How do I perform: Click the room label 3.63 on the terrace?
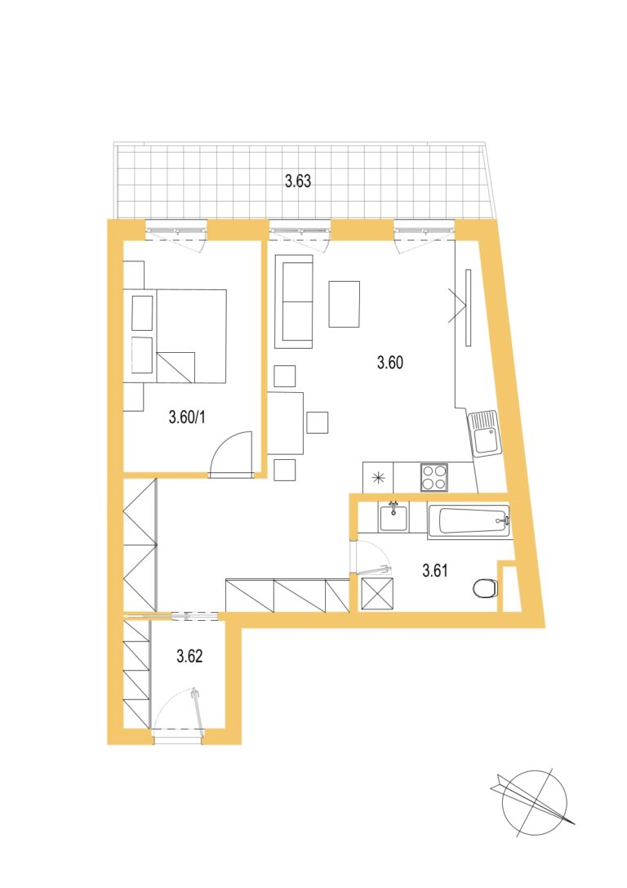click(x=298, y=181)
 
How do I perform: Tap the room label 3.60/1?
click(x=187, y=418)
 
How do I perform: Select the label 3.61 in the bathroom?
click(x=434, y=570)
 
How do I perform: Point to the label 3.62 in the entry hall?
click(x=189, y=656)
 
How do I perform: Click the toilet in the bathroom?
click(x=484, y=588)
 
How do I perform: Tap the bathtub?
click(x=469, y=520)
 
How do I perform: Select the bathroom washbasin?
click(x=394, y=518)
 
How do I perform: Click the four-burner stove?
click(x=434, y=477)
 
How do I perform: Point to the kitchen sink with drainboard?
click(x=484, y=434)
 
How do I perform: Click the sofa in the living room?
click(x=294, y=301)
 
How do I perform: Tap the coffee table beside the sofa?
click(x=344, y=304)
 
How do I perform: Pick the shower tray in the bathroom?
click(x=377, y=594)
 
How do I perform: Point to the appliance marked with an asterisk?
click(x=378, y=477)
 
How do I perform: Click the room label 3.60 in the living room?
click(x=390, y=363)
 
